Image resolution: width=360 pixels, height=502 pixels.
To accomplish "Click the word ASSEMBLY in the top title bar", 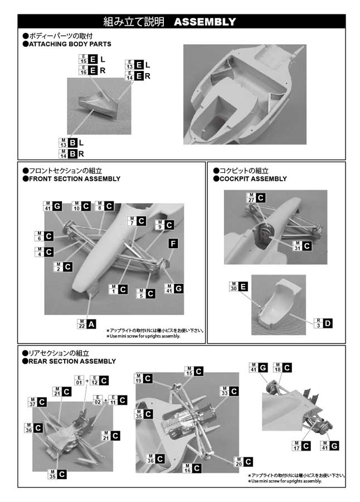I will (x=205, y=22).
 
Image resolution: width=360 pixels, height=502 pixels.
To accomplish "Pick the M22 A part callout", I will (x=87, y=324).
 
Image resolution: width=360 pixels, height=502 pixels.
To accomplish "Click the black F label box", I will (x=174, y=244).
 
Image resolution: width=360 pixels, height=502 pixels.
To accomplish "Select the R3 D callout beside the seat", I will (x=323, y=323).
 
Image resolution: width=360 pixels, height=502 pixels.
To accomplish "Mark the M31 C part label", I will (x=301, y=245).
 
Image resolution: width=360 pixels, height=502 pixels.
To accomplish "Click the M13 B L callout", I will (x=71, y=143).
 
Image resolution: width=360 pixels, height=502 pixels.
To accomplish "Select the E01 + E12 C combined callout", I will (x=91, y=381).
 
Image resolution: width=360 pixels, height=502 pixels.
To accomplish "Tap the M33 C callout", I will (x=229, y=392).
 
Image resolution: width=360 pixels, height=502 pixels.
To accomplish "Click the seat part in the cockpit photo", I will (x=277, y=304).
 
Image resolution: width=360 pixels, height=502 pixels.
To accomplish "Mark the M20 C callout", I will (x=243, y=461).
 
